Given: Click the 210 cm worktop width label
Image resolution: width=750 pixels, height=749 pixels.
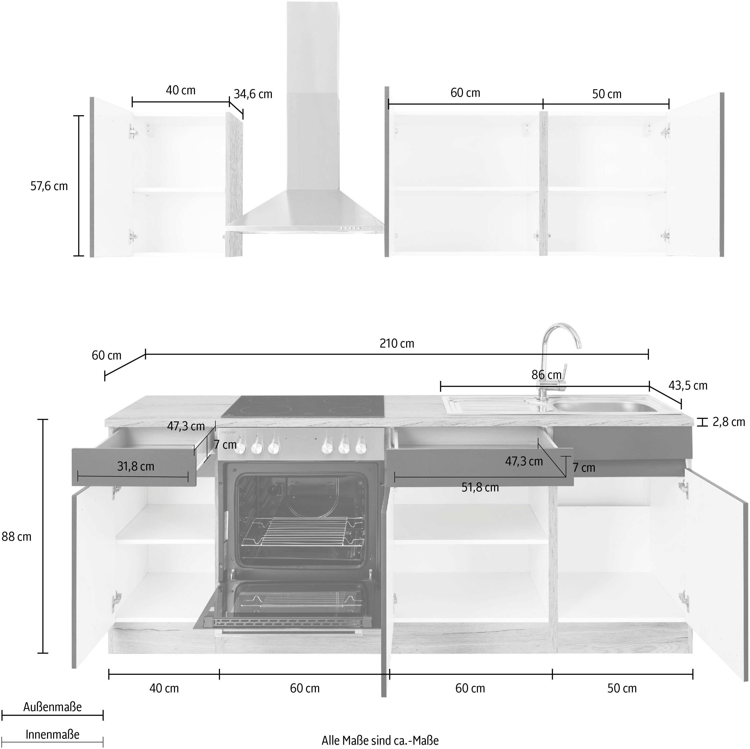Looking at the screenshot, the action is pyautogui.click(x=397, y=344).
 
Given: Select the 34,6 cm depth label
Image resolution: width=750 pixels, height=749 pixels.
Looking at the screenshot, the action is pyautogui.click(x=253, y=94).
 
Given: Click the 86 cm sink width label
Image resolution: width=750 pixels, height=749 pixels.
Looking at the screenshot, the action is pyautogui.click(x=546, y=375).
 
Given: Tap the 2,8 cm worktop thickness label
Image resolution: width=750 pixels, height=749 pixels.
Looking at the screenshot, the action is pyautogui.click(x=729, y=422).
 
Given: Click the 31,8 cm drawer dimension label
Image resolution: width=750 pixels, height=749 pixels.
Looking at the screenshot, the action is pyautogui.click(x=136, y=466).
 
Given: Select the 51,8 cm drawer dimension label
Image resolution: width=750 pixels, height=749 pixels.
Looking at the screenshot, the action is pyautogui.click(x=480, y=487).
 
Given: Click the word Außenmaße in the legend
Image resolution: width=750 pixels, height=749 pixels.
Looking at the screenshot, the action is pyautogui.click(x=52, y=707).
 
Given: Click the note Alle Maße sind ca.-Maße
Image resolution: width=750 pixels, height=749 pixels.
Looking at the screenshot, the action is pyautogui.click(x=380, y=740).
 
